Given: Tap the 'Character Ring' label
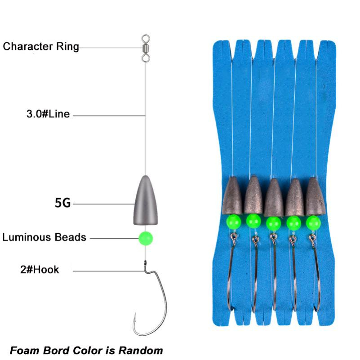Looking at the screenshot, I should pyautogui.click(x=41, y=47).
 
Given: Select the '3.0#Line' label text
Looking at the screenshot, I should pyautogui.click(x=48, y=114).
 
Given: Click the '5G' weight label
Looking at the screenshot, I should pyautogui.click(x=63, y=203).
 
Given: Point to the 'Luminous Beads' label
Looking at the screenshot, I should pyautogui.click(x=44, y=237).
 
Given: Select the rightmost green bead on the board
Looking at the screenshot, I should pyautogui.click(x=313, y=222).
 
